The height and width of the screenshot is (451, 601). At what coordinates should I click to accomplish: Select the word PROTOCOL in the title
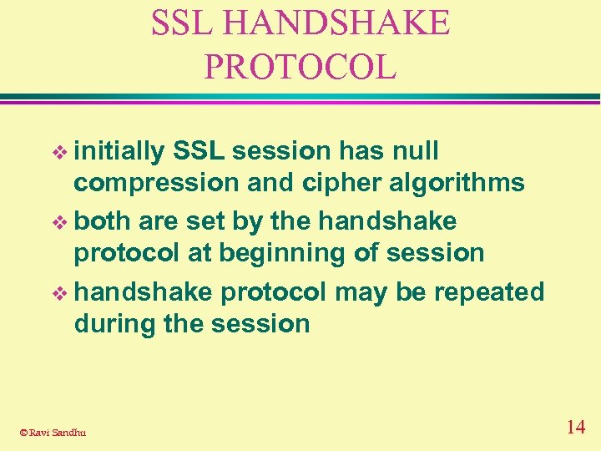300,67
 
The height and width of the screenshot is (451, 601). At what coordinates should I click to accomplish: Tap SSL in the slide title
181,23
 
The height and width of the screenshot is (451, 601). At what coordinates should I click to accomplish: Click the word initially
119,151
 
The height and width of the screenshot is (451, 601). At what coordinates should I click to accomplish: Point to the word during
114,323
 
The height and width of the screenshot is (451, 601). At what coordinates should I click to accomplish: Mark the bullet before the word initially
58,153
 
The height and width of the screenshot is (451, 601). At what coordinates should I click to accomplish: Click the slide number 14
575,428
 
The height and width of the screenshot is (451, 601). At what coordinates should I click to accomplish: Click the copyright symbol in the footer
23,432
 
